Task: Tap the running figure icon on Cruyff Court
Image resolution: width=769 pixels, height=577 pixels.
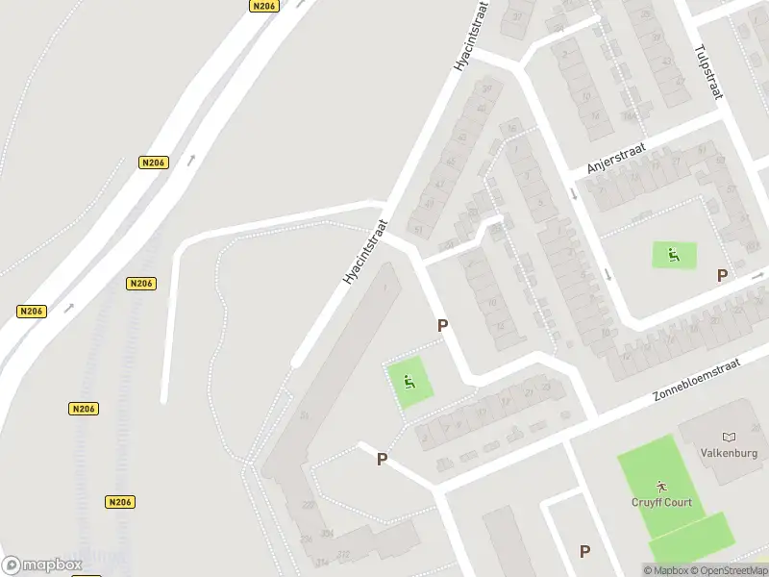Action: pos(660,485)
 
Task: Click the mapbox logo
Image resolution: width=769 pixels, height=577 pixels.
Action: pos(41,564)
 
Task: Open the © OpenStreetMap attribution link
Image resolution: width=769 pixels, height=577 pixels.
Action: pos(729,571)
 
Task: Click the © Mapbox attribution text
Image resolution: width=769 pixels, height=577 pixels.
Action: pos(666,571)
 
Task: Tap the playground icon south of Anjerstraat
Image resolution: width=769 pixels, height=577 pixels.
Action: pos(674,255)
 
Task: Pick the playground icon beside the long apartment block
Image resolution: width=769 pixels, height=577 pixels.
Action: pos(410,384)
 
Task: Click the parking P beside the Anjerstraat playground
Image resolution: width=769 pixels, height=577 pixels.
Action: pos(722,276)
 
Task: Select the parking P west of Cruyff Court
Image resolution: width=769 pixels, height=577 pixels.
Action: pos(584,551)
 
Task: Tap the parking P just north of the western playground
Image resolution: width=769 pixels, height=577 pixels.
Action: pos(442,326)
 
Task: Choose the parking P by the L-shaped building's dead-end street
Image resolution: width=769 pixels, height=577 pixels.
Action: pos(382,460)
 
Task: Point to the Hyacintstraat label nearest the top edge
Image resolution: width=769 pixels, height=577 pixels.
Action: pos(470,37)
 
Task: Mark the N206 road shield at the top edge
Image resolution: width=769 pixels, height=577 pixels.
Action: pos(263,6)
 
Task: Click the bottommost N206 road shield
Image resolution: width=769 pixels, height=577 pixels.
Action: pos(120,502)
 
